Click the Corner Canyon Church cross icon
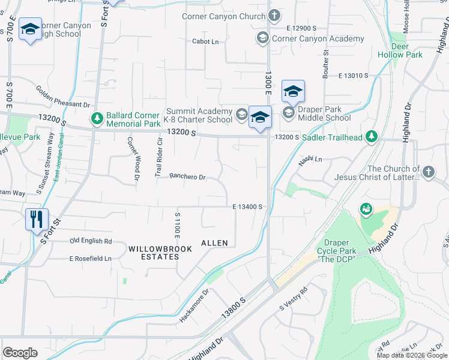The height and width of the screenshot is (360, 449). pos(274,16)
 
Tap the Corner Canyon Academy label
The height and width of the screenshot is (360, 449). pos(318,38)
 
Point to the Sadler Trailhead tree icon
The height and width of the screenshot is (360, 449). pos(372,137)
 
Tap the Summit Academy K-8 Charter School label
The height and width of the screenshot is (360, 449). pos(199,115)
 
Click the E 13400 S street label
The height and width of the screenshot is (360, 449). pos(248,206)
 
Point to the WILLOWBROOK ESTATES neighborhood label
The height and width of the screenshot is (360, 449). pos(153,252)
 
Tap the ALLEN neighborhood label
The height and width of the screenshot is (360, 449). pos(214,243)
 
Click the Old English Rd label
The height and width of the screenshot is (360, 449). pos(91,241)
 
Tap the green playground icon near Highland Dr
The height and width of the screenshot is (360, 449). pos(364,209)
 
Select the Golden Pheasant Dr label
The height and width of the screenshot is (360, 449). pos(63,96)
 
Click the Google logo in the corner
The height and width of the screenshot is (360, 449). pos(20,353)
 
